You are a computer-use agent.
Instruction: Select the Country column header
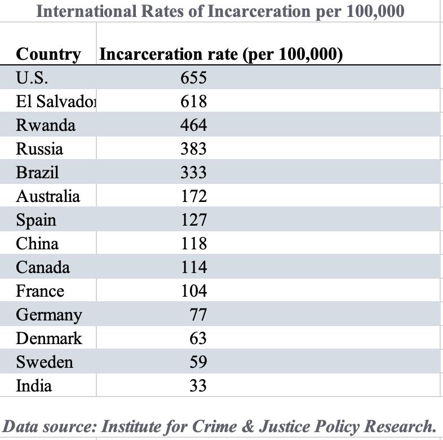(48, 54)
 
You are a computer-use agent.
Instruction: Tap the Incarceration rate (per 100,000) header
(221, 54)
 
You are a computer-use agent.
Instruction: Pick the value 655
(193, 77)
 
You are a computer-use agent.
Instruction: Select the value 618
(193, 102)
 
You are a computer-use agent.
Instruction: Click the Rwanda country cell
(45, 125)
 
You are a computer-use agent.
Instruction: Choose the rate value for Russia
(193, 149)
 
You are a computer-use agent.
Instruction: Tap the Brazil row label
(37, 173)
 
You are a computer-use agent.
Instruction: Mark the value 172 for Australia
(193, 196)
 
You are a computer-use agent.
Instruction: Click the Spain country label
(36, 220)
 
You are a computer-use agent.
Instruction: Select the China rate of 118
(193, 244)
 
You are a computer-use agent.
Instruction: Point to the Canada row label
(43, 267)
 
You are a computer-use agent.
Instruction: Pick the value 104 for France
(193, 291)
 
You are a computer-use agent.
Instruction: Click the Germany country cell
(48, 315)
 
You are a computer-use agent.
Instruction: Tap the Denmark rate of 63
(198, 338)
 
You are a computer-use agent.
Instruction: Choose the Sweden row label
(45, 362)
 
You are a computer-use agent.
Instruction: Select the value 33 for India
(198, 386)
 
